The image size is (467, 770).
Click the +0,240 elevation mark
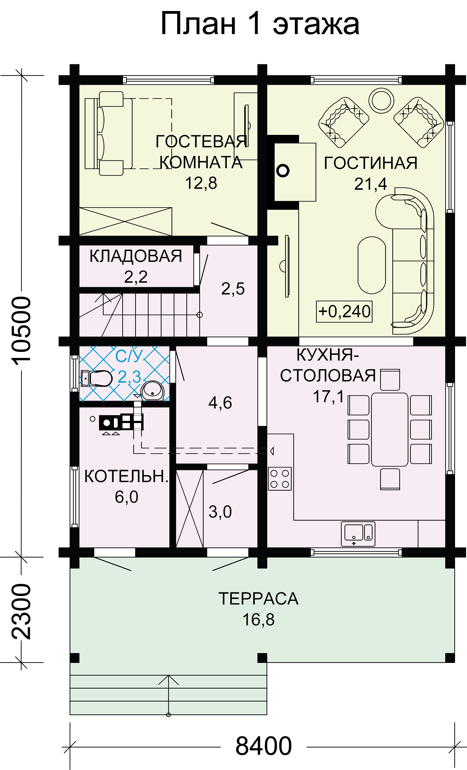coord(344,311)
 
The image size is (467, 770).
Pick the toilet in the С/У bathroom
coord(96,379)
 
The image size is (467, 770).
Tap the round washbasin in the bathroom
coord(152,391)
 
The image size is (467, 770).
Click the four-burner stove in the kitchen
coord(280,478)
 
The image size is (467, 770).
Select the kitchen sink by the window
coord(358,534)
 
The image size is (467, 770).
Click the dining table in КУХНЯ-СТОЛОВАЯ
coord(389,429)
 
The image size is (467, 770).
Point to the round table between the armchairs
coord(381,100)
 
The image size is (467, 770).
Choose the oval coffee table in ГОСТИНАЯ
coord(372,265)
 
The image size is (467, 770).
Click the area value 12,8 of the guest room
coord(201,184)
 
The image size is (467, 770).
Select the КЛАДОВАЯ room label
coord(136,256)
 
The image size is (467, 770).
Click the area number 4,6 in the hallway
coord(220,403)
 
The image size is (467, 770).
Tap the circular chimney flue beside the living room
coord(283,171)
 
